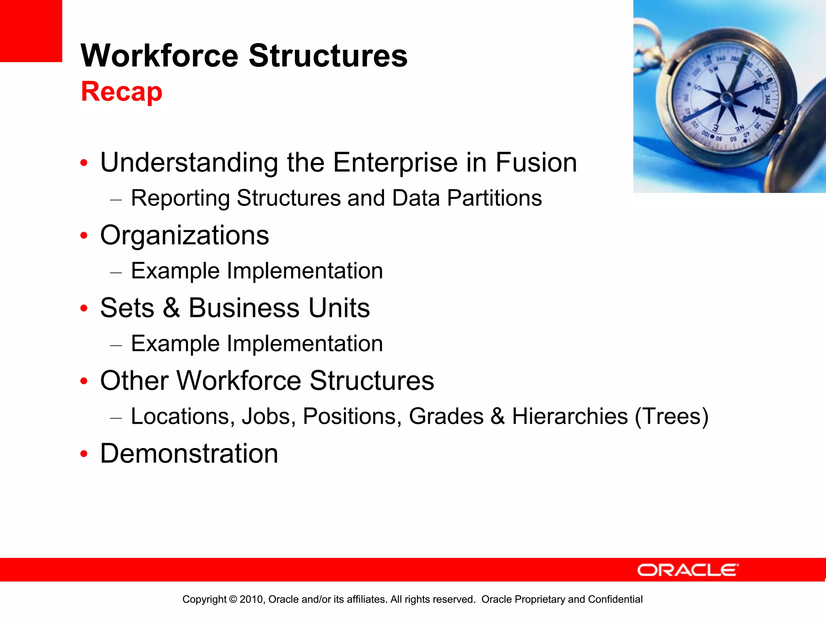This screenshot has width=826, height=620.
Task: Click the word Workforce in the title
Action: [x=160, y=56]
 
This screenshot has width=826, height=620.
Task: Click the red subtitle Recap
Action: [x=121, y=92]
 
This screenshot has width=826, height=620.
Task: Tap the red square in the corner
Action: [x=31, y=31]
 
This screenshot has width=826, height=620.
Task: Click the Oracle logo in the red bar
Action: [x=687, y=570]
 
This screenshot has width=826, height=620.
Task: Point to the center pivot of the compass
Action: [x=726, y=97]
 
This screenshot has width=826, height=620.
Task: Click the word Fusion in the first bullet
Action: [x=536, y=163]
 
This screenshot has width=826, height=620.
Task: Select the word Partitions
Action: [x=494, y=198]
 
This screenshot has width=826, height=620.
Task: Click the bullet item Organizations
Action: [x=184, y=235]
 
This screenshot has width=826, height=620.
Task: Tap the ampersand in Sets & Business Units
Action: [x=171, y=308]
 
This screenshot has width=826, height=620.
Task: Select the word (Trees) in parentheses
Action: [x=671, y=417]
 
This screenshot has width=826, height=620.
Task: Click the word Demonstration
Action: [x=189, y=454]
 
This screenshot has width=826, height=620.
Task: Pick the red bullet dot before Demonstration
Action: [x=84, y=454]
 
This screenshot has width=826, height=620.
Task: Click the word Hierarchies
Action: [x=569, y=417]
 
